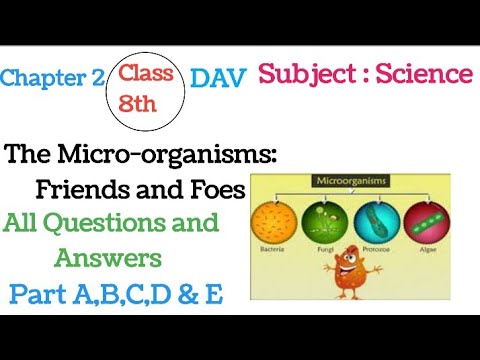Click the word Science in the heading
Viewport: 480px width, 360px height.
(x=419, y=73)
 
